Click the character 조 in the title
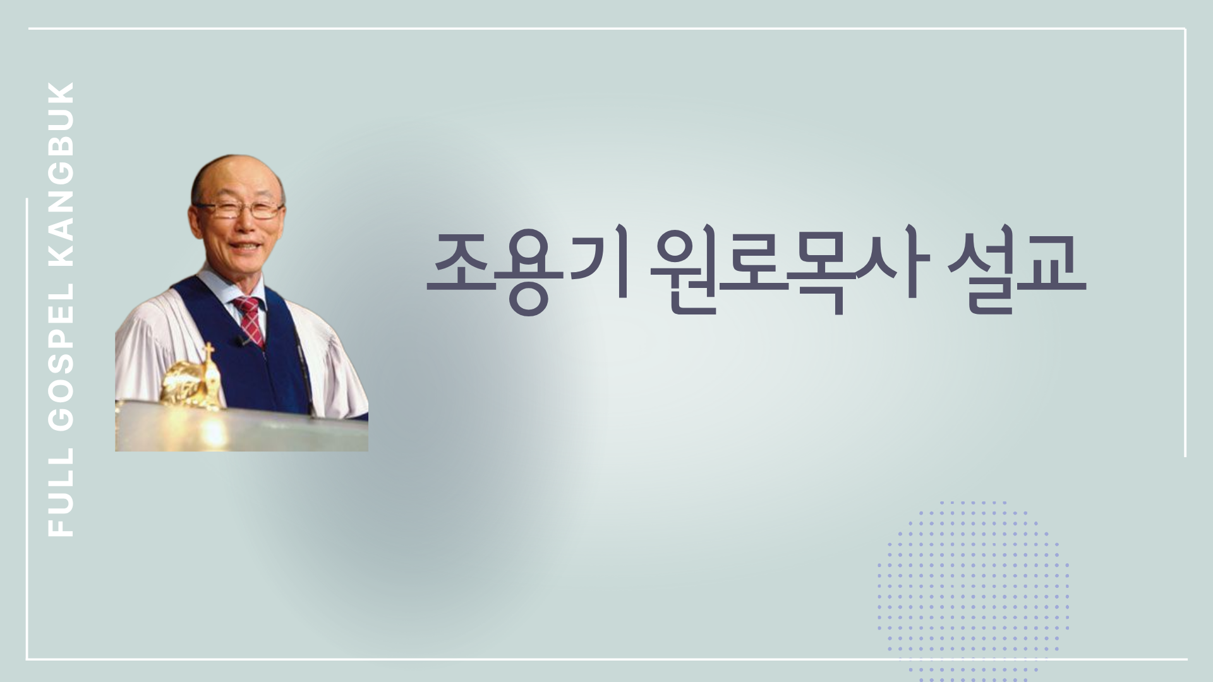462,274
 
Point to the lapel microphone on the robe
242,341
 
